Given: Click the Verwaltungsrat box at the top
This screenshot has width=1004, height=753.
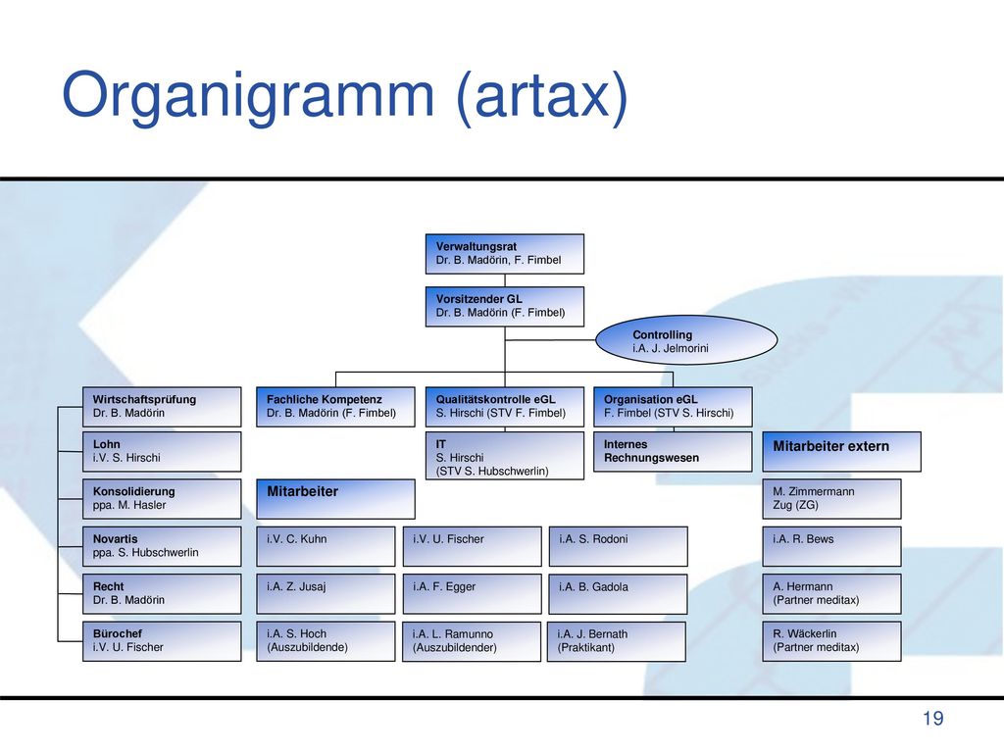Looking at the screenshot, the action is [505, 254].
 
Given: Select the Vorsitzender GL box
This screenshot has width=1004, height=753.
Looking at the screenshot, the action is [505, 307].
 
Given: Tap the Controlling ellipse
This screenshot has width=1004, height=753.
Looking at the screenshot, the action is [686, 340].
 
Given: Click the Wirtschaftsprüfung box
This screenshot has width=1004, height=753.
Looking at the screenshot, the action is [162, 407].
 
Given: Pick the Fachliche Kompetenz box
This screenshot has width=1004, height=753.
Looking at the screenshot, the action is [335, 407].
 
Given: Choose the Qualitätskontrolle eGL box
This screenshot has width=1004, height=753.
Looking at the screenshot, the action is [505, 407].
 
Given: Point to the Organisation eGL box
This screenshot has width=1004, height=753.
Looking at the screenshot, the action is [673, 407].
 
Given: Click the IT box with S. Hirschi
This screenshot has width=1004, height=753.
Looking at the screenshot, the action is [505, 455].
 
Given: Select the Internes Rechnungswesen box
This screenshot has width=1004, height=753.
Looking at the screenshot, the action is [673, 451].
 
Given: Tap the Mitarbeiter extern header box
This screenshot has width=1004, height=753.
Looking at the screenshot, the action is [842, 451].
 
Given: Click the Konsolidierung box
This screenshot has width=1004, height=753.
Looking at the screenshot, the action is [162, 499].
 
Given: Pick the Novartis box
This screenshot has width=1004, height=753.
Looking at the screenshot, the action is [162, 546].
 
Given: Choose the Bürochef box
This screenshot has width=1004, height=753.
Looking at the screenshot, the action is [162, 641].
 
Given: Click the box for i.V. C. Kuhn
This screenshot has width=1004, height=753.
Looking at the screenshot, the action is [326, 546].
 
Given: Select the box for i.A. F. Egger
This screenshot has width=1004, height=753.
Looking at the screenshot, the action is [472, 593].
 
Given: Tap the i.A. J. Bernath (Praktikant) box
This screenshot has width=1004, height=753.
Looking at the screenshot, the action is [617, 641].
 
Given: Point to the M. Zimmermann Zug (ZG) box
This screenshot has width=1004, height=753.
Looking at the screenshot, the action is [831, 499].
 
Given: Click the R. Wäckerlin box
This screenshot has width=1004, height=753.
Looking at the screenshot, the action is [831, 641].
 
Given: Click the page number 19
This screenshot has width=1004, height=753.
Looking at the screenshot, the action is [933, 719].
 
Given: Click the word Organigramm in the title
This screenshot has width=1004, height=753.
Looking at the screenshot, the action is [248, 96].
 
